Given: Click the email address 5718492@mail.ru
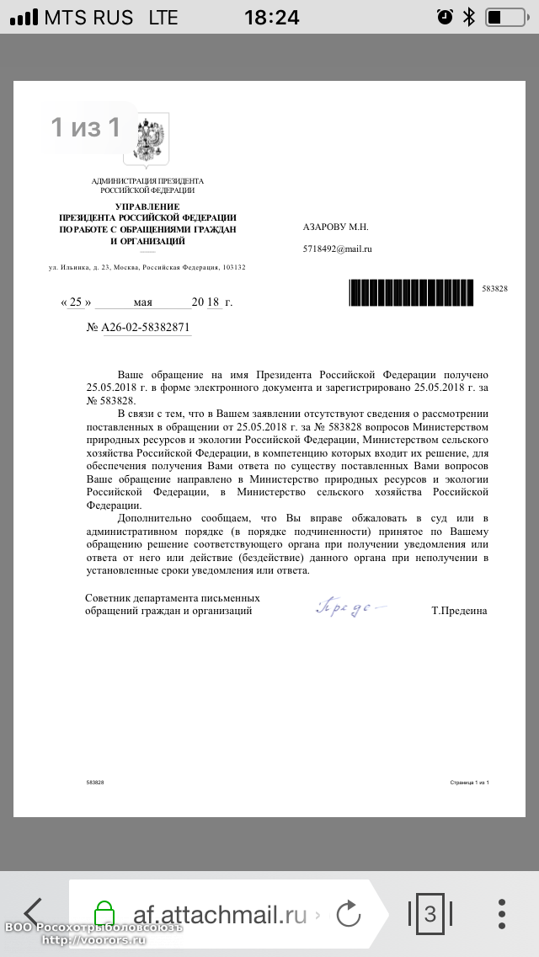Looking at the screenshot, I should (x=337, y=249).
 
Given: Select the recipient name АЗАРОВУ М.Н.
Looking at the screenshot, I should (x=335, y=227).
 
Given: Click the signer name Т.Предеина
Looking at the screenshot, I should (x=458, y=611).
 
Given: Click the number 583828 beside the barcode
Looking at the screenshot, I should (x=494, y=289).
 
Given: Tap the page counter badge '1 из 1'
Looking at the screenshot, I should (x=85, y=127).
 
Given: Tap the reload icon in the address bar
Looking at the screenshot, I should (x=348, y=914).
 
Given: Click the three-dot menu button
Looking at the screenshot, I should (x=502, y=914).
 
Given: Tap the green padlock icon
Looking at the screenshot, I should (x=104, y=914).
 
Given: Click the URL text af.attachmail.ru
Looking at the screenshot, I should (x=220, y=915).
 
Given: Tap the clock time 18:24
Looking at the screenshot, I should (x=271, y=17).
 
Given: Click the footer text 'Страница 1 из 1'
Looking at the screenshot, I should (x=470, y=783).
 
